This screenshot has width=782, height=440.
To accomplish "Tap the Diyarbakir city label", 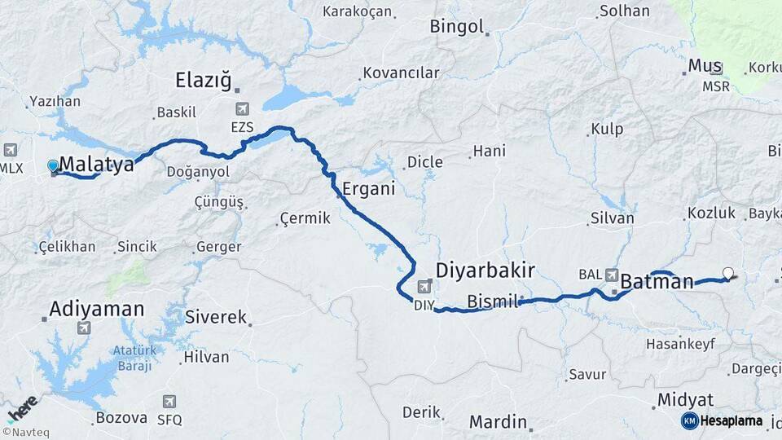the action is pyautogui.click(x=485, y=270).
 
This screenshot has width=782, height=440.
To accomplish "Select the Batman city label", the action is pyautogui.click(x=657, y=282).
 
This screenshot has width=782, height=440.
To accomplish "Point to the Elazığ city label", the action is pyautogui.click(x=204, y=80).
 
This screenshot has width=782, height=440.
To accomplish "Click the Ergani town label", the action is pyautogui.click(x=368, y=188).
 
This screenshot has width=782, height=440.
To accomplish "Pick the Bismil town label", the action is pyautogui.click(x=493, y=301).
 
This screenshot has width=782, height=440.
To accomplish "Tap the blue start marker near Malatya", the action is pyautogui.click(x=54, y=166).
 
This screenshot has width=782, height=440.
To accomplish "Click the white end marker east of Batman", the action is pyautogui.click(x=728, y=274).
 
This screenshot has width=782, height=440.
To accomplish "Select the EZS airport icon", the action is pyautogui.click(x=242, y=109).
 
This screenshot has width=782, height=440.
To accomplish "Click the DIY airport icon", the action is pyautogui.click(x=424, y=286).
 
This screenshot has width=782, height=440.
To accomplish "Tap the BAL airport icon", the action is pyautogui.click(x=611, y=275).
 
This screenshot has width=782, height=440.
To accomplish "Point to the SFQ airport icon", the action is pyautogui.click(x=169, y=402).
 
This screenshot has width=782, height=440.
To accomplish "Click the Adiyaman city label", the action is pyautogui.click(x=96, y=310).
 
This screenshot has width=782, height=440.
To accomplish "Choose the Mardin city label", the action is pyautogui.click(x=497, y=422).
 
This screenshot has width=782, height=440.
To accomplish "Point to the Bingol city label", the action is pyautogui.click(x=456, y=27).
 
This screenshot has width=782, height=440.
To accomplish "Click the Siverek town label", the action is pyautogui.click(x=215, y=317).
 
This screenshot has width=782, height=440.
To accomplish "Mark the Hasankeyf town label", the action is pyautogui.click(x=680, y=344).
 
